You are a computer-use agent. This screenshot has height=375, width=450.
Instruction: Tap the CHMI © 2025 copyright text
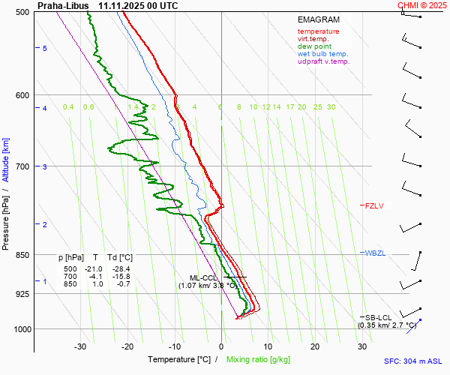(422, 5)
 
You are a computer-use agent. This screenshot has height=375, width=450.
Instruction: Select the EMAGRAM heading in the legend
(317, 20)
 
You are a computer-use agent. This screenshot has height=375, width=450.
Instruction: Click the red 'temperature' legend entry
(318, 31)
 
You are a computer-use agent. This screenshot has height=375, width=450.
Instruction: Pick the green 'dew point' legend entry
(314, 46)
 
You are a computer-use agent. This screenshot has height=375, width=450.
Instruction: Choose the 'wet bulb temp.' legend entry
(322, 54)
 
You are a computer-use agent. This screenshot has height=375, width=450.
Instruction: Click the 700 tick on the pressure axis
(22, 166)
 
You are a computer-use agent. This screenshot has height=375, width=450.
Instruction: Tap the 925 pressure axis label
(22, 294)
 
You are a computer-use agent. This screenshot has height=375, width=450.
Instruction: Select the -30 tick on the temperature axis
(80, 346)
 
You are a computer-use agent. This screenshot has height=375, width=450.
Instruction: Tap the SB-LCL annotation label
(379, 317)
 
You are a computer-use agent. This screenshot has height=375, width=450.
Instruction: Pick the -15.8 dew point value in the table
(120, 276)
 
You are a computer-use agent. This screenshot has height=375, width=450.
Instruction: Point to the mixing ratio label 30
(331, 107)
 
